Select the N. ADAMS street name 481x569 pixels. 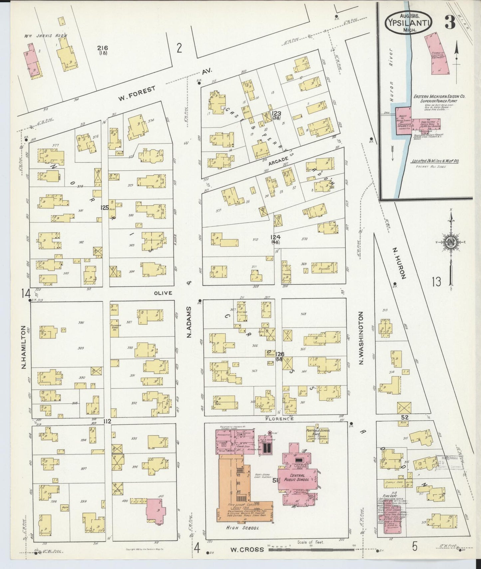pyautogui.click(x=189, y=326)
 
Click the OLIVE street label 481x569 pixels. pyautogui.click(x=163, y=293)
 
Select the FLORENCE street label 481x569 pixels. pyautogui.click(x=279, y=419)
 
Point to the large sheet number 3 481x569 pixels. pyautogui.click(x=450, y=23)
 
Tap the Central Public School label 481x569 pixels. pyautogui.click(x=297, y=478)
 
